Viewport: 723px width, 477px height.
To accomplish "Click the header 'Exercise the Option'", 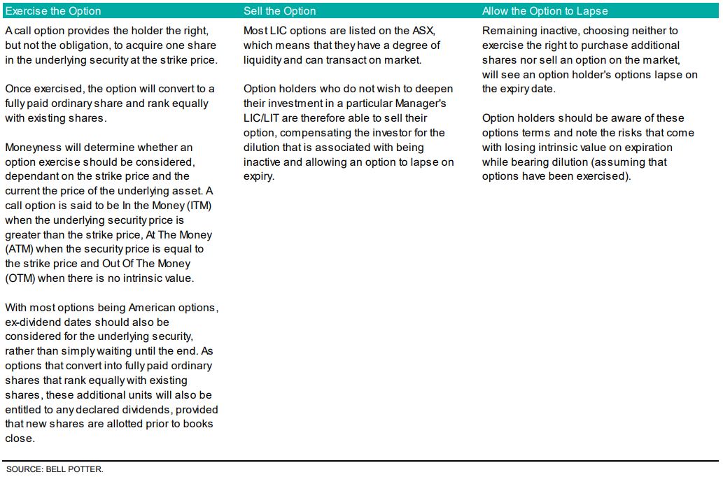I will click(x=53, y=11).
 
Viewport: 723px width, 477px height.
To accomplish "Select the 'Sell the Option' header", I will click(x=280, y=11).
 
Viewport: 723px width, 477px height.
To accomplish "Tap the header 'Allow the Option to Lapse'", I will click(x=545, y=11).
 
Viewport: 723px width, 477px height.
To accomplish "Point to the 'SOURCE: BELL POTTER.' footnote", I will click(x=55, y=469).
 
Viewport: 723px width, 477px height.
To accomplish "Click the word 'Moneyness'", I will click(x=31, y=148).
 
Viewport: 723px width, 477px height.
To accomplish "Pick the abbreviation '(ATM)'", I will click(x=20, y=250).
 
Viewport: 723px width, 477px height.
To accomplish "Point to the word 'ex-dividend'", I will click(x=34, y=323).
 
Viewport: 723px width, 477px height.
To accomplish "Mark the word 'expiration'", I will click(x=644, y=148).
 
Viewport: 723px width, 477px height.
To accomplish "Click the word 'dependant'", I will click(x=33, y=177).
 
